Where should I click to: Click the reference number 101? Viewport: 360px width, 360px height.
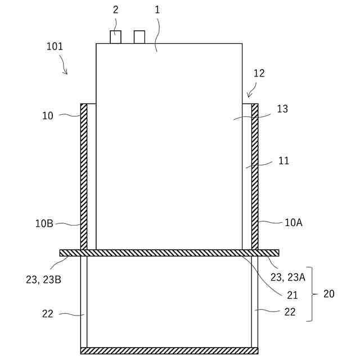click(55, 47)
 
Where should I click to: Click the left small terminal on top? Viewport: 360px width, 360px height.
click(115, 37)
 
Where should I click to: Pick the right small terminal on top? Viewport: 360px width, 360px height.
click(139, 37)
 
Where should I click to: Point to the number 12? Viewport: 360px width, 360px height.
click(259, 73)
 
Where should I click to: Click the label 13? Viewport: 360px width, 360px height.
click(282, 109)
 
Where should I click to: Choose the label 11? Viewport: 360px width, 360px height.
click(283, 161)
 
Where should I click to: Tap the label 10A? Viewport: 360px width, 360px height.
click(293, 223)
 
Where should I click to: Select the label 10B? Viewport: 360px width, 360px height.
click(44, 223)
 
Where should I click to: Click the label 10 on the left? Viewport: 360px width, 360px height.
click(48, 116)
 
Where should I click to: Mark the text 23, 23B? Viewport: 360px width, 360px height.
click(43, 279)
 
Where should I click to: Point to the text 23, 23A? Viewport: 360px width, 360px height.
click(288, 277)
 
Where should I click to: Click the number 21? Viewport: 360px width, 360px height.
click(292, 295)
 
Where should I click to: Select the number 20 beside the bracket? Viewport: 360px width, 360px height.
click(328, 294)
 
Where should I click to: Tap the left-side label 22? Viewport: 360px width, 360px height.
click(48, 314)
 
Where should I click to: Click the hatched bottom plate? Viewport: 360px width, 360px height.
click(169, 350)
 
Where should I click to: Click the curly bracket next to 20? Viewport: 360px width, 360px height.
click(311, 294)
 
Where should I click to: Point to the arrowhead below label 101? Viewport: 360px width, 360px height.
click(66, 73)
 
